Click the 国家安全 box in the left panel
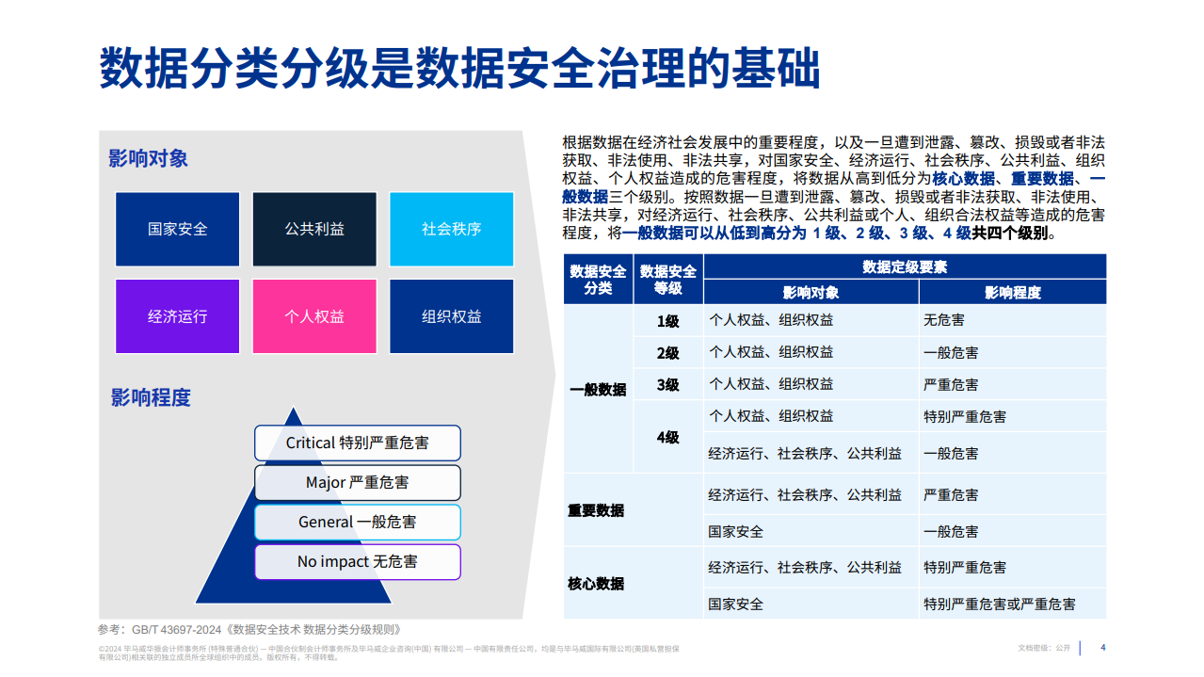tap(178, 229)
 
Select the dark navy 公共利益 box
tap(314, 229)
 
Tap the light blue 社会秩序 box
tap(452, 229)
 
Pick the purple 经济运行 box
tap(178, 316)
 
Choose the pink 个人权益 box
tap(314, 316)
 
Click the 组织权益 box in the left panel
tap(452, 316)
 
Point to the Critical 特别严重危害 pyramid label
tap(358, 443)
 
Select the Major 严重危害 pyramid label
tap(358, 482)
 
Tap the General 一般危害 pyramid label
tap(358, 522)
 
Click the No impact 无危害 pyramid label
tap(358, 561)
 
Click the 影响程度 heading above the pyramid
tap(151, 397)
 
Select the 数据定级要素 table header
tap(905, 266)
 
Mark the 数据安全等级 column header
tap(668, 280)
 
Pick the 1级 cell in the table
tap(668, 321)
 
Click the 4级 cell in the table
tap(668, 437)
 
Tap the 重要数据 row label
tap(596, 510)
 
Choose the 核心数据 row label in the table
tap(596, 584)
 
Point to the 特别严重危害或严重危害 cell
tap(1000, 604)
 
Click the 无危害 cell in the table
tap(944, 321)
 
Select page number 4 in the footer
tap(1103, 647)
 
